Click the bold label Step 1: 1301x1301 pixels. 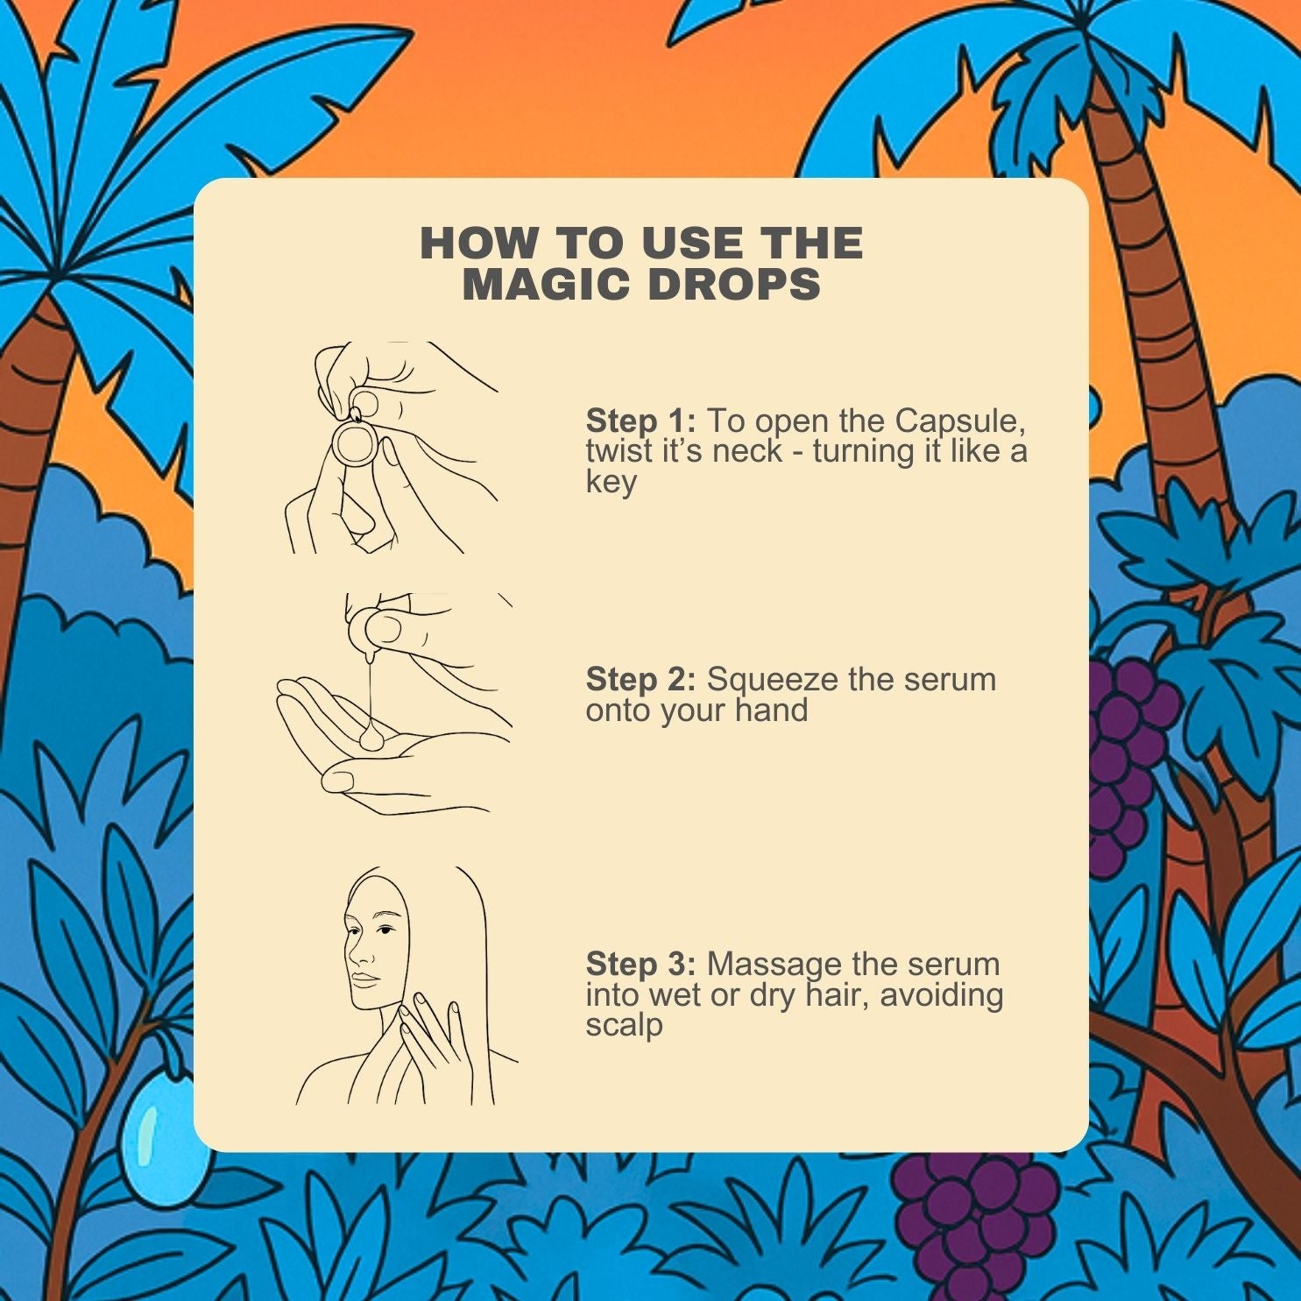[x=640, y=421]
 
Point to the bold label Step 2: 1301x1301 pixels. [x=640, y=679]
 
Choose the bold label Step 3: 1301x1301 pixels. [x=640, y=964]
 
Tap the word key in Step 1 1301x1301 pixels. [x=612, y=483]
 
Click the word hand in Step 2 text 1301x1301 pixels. [x=772, y=710]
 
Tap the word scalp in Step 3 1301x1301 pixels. [x=624, y=1026]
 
